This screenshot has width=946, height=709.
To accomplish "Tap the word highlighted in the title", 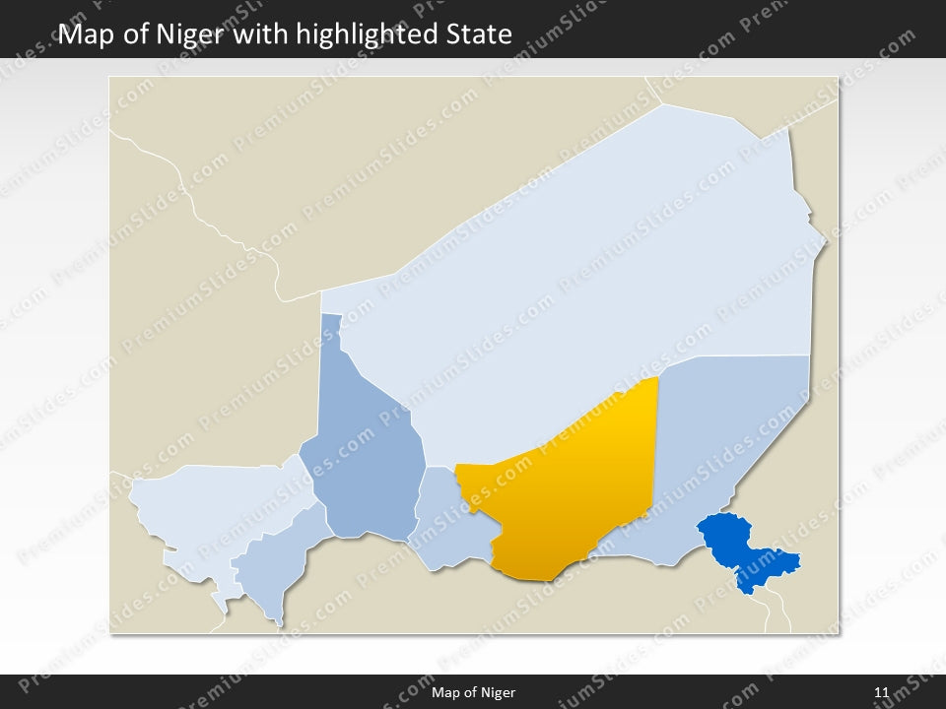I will [356, 34].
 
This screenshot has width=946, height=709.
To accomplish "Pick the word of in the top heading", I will [137, 34].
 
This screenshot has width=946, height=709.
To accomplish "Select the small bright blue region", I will [744, 551].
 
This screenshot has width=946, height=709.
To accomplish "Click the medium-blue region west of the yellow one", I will [365, 453].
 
